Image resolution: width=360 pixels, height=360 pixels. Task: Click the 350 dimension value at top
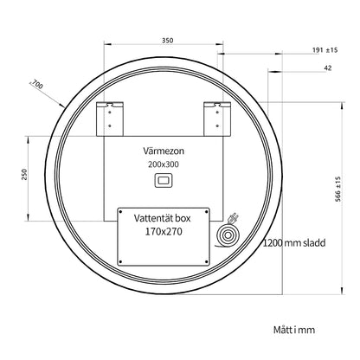[167, 41]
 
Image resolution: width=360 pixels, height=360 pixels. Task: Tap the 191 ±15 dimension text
[325, 50]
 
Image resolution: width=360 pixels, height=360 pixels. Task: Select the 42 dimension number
[328, 67]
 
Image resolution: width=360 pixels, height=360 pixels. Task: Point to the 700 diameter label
[37, 84]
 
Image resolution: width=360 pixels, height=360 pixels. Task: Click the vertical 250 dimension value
[24, 175]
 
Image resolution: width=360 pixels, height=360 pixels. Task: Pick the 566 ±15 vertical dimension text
[337, 189]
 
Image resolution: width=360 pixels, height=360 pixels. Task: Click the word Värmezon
[164, 151]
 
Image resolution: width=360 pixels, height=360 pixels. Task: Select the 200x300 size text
[164, 164]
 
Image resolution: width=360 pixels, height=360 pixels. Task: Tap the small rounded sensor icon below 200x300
[164, 181]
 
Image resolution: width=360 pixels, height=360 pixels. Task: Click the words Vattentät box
[162, 218]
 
